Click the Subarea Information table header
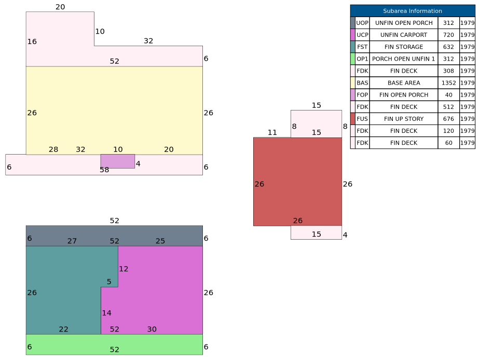click(413, 11)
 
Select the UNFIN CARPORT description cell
click(404, 35)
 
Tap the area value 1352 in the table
click(448, 83)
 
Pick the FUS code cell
click(362, 119)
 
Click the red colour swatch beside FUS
click(353, 119)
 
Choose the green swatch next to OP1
click(353, 59)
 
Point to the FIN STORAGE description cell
click(404, 47)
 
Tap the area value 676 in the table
click(448, 119)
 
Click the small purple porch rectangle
click(117, 161)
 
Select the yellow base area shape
click(114, 110)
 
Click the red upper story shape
click(297, 182)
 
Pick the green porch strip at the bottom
click(114, 344)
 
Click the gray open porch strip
click(114, 236)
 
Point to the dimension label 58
click(104, 170)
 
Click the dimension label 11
click(272, 132)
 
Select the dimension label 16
click(32, 41)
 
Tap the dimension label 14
click(106, 313)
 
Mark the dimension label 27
click(72, 241)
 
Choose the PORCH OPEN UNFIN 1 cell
click(404, 59)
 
